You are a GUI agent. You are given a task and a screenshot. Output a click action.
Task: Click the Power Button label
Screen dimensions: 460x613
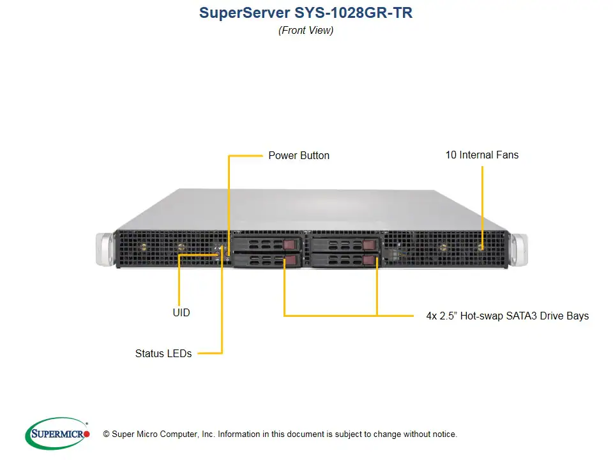(x=299, y=155)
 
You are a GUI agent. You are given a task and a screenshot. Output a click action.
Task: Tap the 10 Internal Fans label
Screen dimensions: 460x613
(x=481, y=155)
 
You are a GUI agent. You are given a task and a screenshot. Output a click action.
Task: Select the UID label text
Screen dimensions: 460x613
(x=181, y=313)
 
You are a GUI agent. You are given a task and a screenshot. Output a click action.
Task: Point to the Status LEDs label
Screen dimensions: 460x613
(x=163, y=353)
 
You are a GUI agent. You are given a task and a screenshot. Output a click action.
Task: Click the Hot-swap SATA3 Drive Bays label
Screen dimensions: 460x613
(x=507, y=316)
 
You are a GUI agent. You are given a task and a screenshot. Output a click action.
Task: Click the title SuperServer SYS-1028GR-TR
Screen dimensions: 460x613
(x=306, y=13)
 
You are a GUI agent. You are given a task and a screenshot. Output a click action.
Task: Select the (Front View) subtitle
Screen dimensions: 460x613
(x=306, y=30)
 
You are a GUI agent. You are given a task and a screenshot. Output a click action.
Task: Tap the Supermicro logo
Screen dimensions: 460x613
(x=57, y=433)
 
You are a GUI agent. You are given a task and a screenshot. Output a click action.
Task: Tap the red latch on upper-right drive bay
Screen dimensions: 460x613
(x=368, y=245)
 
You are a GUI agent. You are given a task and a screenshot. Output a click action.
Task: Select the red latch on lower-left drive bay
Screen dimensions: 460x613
(x=290, y=260)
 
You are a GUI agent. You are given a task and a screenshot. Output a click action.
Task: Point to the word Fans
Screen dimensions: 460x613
(x=507, y=155)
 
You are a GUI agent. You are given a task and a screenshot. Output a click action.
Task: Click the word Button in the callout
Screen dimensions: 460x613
(x=314, y=155)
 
